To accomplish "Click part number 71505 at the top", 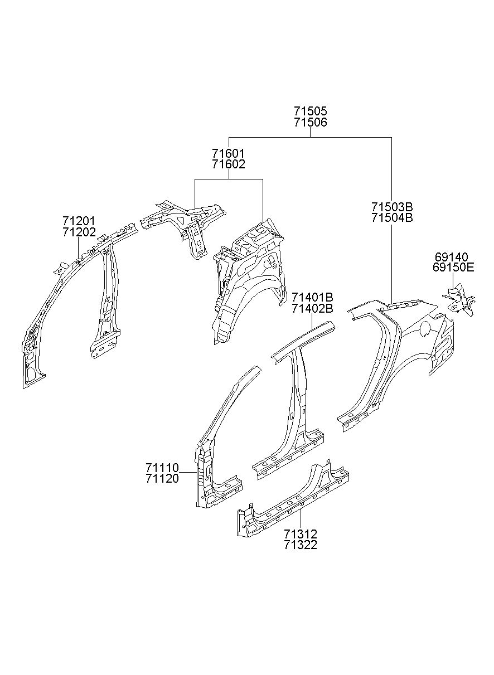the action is (x=310, y=111).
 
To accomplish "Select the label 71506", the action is (x=310, y=122).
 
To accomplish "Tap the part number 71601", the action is (x=228, y=154).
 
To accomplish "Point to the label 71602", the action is (x=228, y=164).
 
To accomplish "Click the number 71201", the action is (x=79, y=221).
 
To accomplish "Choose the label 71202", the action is (x=79, y=232).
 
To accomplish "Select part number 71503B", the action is (x=391, y=207).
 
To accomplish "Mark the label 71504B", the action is (x=391, y=217).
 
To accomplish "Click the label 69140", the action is (x=451, y=257).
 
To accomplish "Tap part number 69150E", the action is (x=453, y=268).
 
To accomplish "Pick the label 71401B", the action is (x=312, y=298).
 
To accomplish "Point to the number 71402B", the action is (x=312, y=308).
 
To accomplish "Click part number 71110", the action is (x=162, y=468).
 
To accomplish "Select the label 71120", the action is (x=162, y=479).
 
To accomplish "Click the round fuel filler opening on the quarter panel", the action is (x=426, y=328).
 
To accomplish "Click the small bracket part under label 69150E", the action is (x=459, y=299).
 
